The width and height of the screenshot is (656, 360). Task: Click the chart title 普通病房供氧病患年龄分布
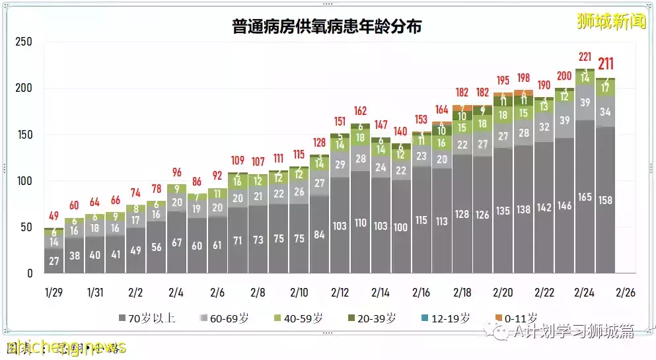point(326,27)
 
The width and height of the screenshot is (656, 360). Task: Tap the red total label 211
point(605,64)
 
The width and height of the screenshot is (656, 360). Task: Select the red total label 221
point(585,57)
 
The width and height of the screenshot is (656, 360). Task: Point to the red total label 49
point(54,216)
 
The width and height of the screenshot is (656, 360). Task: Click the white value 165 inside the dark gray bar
point(585,197)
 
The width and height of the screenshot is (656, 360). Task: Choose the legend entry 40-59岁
point(306,318)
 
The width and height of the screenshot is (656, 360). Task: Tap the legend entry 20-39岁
point(376,318)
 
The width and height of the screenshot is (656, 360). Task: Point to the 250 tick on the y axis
point(24,42)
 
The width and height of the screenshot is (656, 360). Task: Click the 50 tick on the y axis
point(26,227)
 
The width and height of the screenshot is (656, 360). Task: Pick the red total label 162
point(360,111)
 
